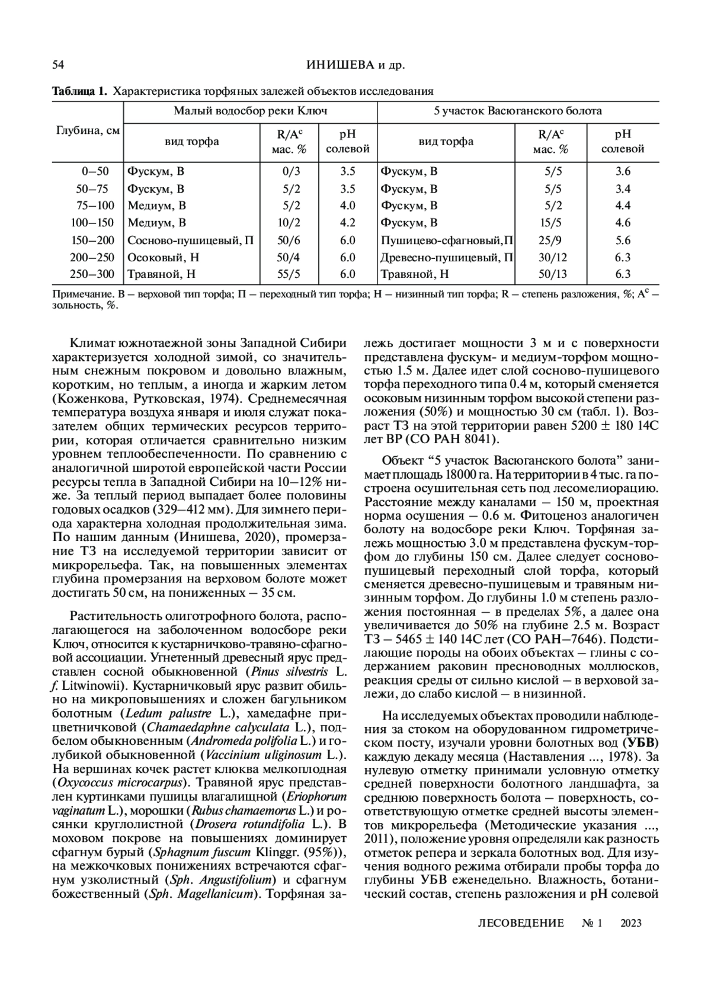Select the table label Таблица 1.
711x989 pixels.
pyautogui.click(x=79, y=92)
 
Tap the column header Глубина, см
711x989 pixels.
pyautogui.click(x=88, y=131)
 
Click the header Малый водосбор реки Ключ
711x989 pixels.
pyautogui.click(x=250, y=111)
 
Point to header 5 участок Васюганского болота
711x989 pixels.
pyautogui.click(x=518, y=111)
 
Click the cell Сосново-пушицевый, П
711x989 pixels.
pyautogui.click(x=191, y=241)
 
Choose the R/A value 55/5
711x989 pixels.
pyautogui.click(x=289, y=274)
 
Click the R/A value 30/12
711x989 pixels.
pyautogui.click(x=550, y=258)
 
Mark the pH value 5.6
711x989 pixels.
pyautogui.click(x=623, y=241)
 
